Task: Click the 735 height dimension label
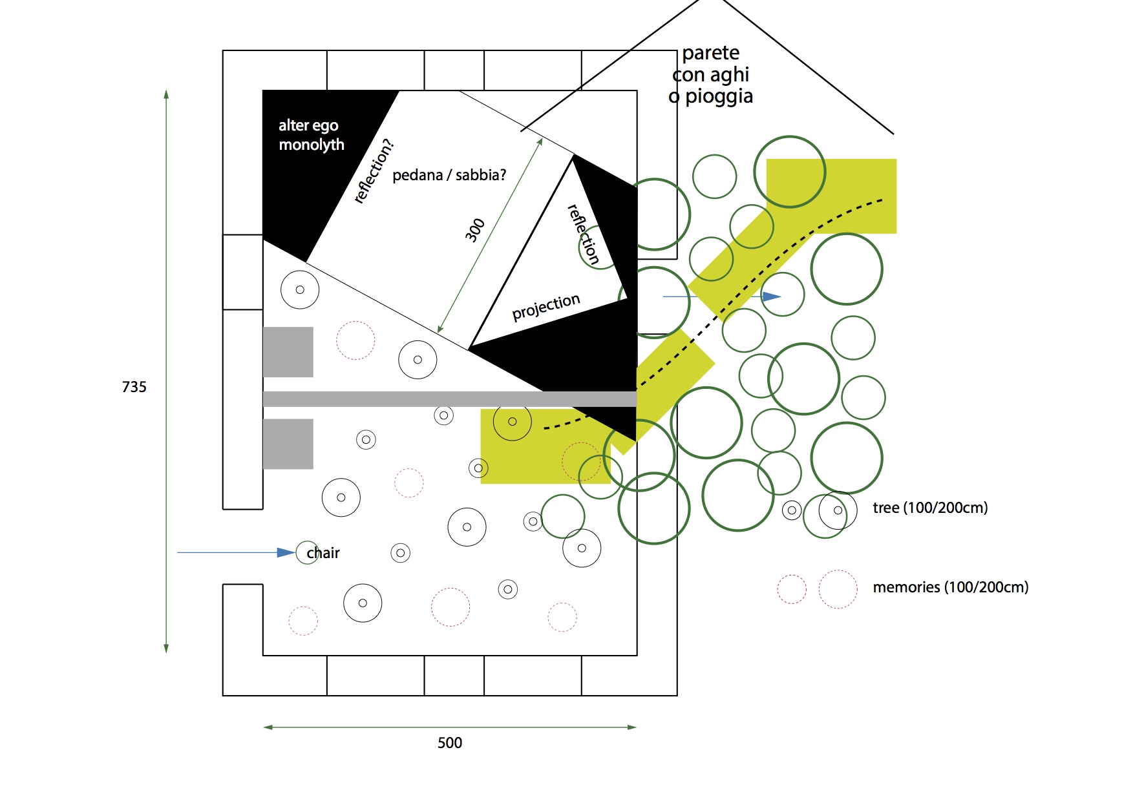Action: pyautogui.click(x=134, y=387)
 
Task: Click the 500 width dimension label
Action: pyautogui.click(x=450, y=743)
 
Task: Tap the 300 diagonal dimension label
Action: pyautogui.click(x=475, y=230)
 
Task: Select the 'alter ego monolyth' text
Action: pyautogui.click(x=311, y=135)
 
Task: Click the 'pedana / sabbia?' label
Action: pyautogui.click(x=449, y=175)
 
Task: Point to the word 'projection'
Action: pyautogui.click(x=546, y=307)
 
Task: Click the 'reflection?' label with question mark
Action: pyautogui.click(x=374, y=171)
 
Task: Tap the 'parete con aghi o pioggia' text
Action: pyautogui.click(x=711, y=74)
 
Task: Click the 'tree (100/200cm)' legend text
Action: pyautogui.click(x=930, y=508)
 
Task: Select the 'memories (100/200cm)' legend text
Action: pyautogui.click(x=950, y=587)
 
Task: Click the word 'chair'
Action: pyautogui.click(x=323, y=553)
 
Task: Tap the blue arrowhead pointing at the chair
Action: pyautogui.click(x=286, y=552)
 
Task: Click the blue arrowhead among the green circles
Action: pyautogui.click(x=772, y=296)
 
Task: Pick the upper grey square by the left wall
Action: pyautogui.click(x=288, y=352)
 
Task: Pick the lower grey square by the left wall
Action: pyautogui.click(x=288, y=444)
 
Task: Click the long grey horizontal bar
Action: pyautogui.click(x=450, y=399)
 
